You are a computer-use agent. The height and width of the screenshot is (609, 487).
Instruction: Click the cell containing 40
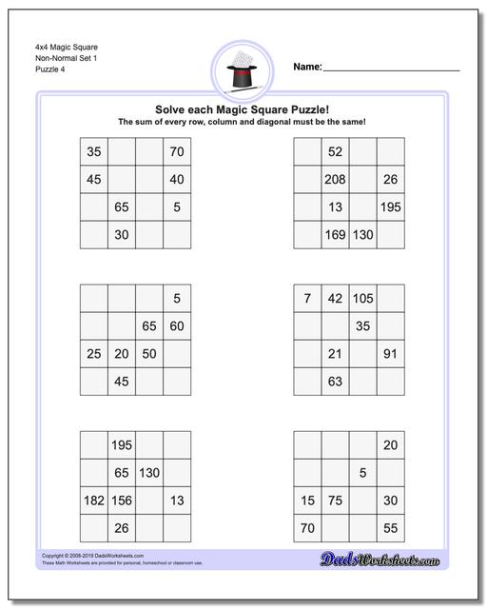click(177, 179)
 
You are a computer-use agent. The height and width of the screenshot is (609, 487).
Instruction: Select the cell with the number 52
click(335, 151)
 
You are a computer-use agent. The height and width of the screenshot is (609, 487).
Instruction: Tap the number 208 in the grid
click(335, 179)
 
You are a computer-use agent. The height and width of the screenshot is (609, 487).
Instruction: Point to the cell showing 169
click(335, 234)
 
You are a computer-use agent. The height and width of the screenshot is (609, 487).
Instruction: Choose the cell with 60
click(177, 326)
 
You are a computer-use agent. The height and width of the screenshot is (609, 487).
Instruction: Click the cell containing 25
click(93, 354)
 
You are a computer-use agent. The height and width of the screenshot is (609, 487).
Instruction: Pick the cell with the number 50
click(149, 354)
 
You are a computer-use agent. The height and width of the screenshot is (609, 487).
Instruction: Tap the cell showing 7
click(307, 299)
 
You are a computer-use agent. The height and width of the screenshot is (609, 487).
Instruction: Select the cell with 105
click(362, 299)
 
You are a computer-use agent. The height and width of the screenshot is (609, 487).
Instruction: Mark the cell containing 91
click(390, 354)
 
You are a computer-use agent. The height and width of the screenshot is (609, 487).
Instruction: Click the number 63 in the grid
click(335, 382)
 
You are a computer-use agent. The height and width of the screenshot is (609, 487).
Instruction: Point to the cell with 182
click(93, 501)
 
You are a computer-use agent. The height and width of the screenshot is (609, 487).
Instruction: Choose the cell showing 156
click(122, 501)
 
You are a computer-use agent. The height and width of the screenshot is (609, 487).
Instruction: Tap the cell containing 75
click(335, 501)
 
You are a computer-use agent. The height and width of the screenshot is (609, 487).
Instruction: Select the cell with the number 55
click(390, 528)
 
